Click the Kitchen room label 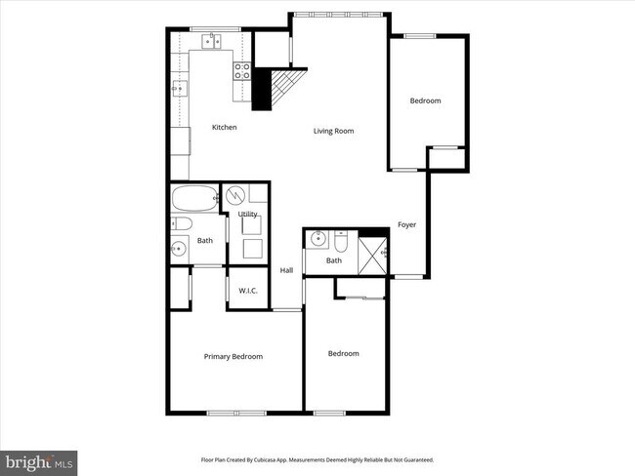pyautogui.click(x=225, y=127)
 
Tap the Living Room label pyautogui.click(x=333, y=131)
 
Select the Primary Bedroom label pyautogui.click(x=233, y=357)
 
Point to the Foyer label pyautogui.click(x=406, y=225)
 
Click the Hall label pyautogui.click(x=287, y=270)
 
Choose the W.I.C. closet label pyautogui.click(x=247, y=290)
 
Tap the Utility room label pyautogui.click(x=248, y=214)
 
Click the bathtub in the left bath pyautogui.click(x=194, y=202)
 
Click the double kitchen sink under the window pyautogui.click(x=214, y=42)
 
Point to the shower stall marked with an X pyautogui.click(x=373, y=253)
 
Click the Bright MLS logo pyautogui.click(x=39, y=460)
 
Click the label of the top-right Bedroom pyautogui.click(x=425, y=101)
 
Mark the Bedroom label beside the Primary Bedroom pyautogui.click(x=343, y=354)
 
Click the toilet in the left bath pyautogui.click(x=180, y=225)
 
